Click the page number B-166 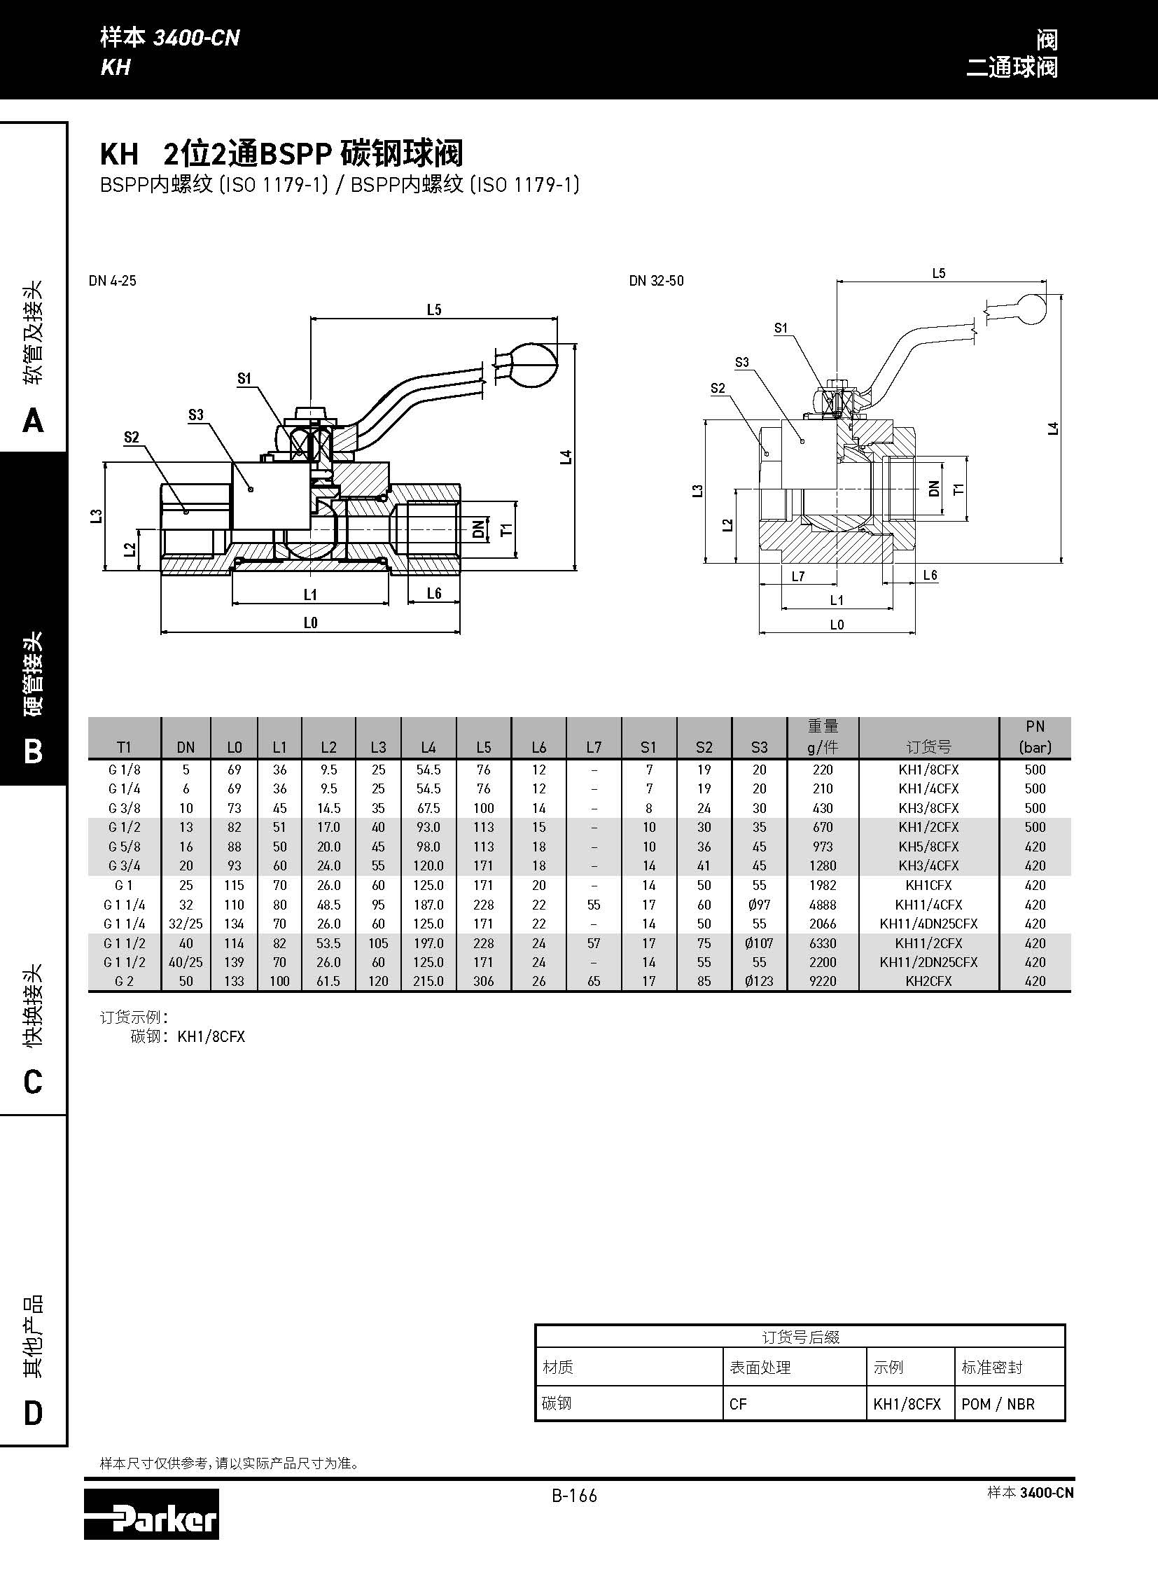pyautogui.click(x=574, y=1496)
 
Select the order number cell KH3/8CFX pyautogui.click(x=928, y=808)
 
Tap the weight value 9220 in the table pyautogui.click(x=823, y=981)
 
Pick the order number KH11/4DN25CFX pyautogui.click(x=928, y=924)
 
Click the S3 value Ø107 pyautogui.click(x=759, y=943)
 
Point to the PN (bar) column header pyautogui.click(x=1035, y=737)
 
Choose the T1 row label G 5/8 pyautogui.click(x=124, y=847)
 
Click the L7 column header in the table pyautogui.click(x=594, y=746)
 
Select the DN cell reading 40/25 pyautogui.click(x=186, y=962)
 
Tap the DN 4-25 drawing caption pyautogui.click(x=113, y=281)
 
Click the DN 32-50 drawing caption pyautogui.click(x=656, y=281)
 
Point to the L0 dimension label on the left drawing pyautogui.click(x=311, y=622)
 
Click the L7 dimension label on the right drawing pyautogui.click(x=797, y=576)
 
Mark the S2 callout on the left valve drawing pyautogui.click(x=132, y=438)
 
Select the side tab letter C pyautogui.click(x=33, y=1082)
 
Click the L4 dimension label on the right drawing pyautogui.click(x=1053, y=428)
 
